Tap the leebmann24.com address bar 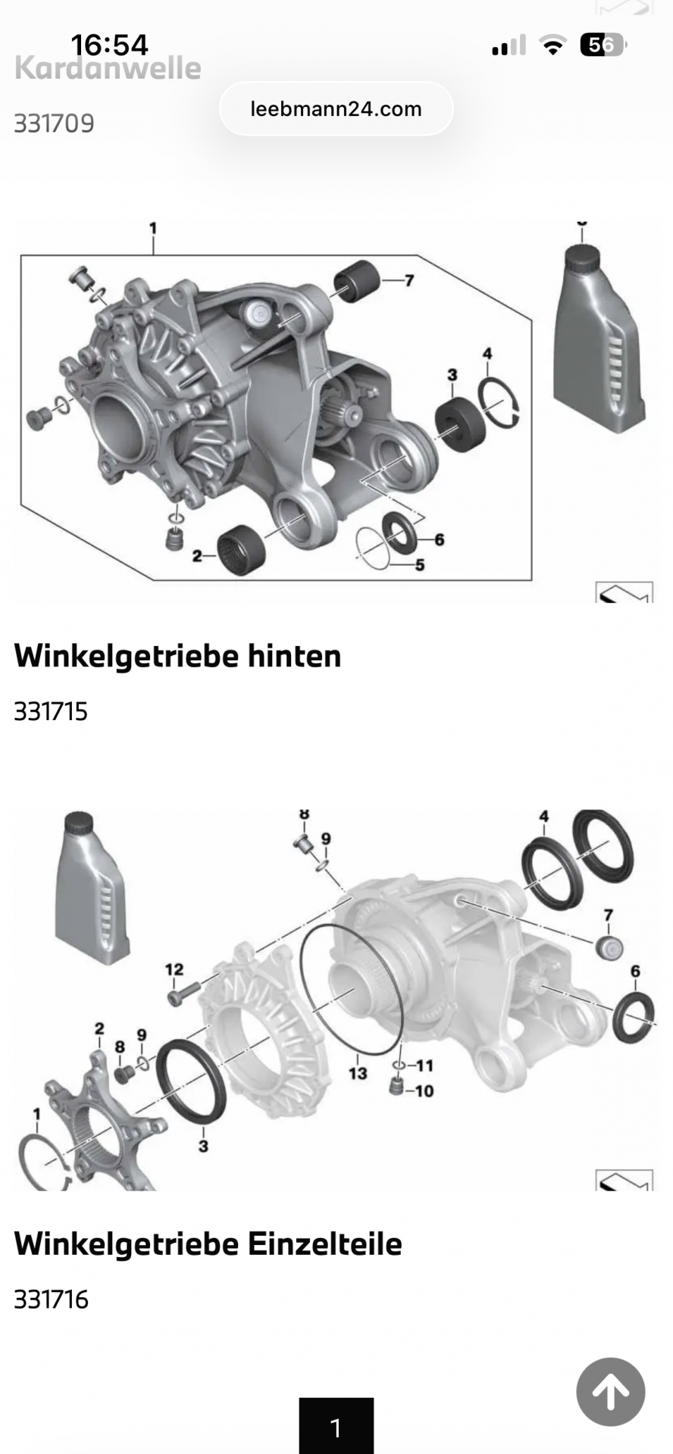pyautogui.click(x=336, y=109)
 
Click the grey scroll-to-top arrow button pyautogui.click(x=610, y=1391)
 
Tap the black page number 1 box pyautogui.click(x=336, y=1426)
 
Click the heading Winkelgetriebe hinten pyautogui.click(x=177, y=656)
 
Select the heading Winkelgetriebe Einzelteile pyautogui.click(x=208, y=1243)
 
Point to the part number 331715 pyautogui.click(x=51, y=711)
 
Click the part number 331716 pyautogui.click(x=51, y=1299)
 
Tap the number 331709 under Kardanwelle pyautogui.click(x=54, y=123)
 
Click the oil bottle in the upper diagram pyautogui.click(x=599, y=336)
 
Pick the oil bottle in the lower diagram pyautogui.click(x=92, y=888)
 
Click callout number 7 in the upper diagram pyautogui.click(x=409, y=280)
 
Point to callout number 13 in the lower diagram pyautogui.click(x=358, y=1072)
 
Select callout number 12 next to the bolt pyautogui.click(x=174, y=969)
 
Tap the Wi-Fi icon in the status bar pyautogui.click(x=553, y=46)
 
